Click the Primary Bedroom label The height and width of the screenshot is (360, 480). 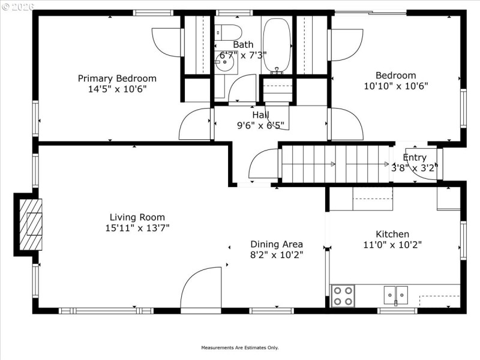(117, 78)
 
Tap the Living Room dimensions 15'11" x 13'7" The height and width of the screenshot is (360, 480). (137, 228)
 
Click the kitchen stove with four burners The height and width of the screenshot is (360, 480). (343, 296)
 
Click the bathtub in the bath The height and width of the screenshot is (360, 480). (276, 45)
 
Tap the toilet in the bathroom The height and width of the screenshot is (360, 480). (228, 31)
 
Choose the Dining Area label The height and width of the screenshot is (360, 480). (277, 244)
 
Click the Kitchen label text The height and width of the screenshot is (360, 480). (392, 234)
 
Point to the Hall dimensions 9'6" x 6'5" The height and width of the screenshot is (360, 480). (260, 125)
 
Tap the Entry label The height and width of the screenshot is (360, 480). (415, 158)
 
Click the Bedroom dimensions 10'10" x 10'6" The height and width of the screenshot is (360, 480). (395, 86)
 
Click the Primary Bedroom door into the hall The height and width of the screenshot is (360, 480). (195, 124)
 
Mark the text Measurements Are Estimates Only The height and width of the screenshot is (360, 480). (239, 347)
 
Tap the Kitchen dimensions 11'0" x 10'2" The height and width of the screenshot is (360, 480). (392, 244)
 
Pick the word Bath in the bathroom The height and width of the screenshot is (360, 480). (243, 44)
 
